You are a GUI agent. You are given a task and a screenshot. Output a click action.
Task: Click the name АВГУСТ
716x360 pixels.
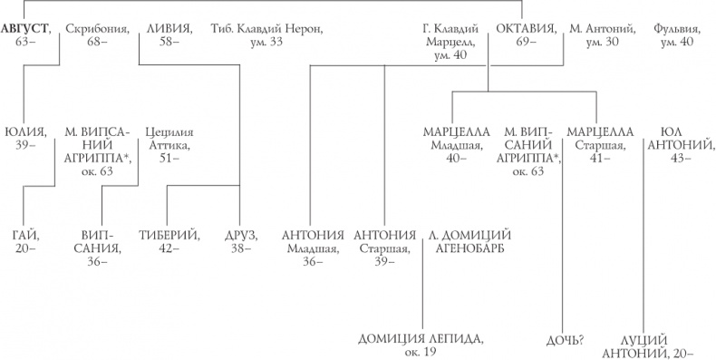click(x=25, y=28)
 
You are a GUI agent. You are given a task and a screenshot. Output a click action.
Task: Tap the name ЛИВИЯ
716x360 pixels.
click(x=169, y=28)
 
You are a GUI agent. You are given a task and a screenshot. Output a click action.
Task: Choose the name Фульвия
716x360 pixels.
click(x=673, y=28)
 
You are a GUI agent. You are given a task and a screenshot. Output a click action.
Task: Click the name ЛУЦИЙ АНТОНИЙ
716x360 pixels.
click(x=660, y=345)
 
